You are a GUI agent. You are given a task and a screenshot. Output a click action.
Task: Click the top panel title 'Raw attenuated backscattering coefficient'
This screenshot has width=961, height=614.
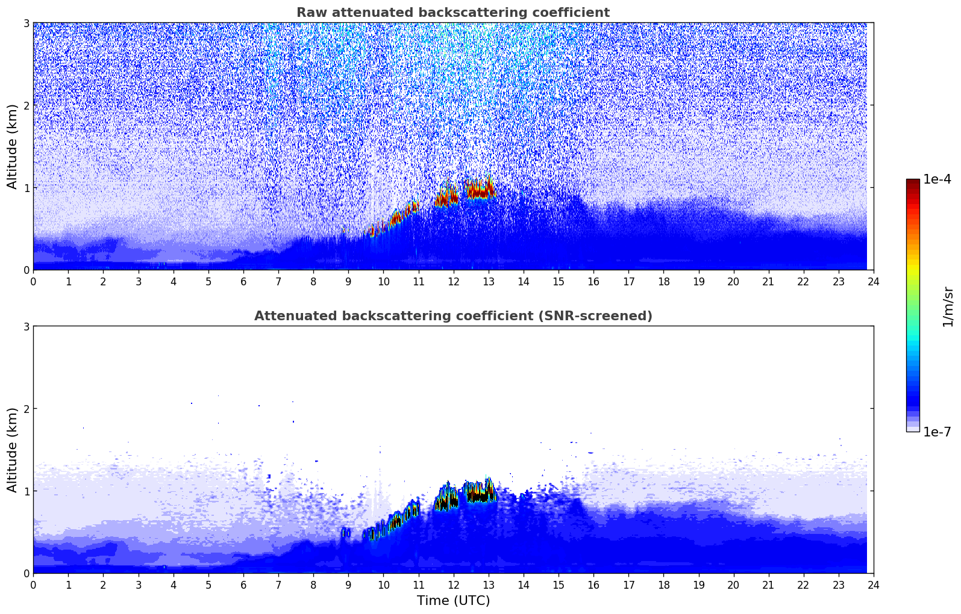click(453, 13)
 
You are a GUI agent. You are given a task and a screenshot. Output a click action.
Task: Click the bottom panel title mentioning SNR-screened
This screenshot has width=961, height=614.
click(453, 316)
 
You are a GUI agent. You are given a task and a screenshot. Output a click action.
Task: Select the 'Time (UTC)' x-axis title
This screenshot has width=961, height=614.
click(453, 600)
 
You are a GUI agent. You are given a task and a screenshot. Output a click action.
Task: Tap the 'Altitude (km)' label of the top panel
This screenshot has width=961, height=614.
click(12, 146)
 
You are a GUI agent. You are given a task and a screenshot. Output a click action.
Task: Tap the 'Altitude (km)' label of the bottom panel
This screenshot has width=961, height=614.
click(12, 450)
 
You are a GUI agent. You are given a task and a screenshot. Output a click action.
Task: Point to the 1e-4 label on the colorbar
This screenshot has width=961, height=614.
click(937, 179)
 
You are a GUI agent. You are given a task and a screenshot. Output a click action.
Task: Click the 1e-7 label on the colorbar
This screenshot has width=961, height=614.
click(937, 432)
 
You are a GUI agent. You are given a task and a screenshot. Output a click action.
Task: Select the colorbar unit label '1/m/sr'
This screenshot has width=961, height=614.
click(948, 306)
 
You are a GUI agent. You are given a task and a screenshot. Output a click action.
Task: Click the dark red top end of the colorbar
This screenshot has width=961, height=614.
click(913, 182)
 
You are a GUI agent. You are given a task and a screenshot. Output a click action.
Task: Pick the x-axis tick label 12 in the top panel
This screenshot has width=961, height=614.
click(453, 281)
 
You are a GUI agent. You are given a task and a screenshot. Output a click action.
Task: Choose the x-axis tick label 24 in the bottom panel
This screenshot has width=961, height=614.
click(874, 585)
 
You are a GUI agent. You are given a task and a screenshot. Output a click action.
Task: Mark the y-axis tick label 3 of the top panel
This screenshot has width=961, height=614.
click(26, 23)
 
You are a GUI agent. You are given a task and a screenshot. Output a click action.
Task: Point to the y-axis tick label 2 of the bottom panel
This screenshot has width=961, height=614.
click(26, 409)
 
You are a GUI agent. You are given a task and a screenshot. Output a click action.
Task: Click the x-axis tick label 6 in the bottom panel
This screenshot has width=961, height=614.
click(243, 585)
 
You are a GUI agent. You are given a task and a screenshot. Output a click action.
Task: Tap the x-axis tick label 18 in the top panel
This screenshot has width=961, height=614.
click(663, 281)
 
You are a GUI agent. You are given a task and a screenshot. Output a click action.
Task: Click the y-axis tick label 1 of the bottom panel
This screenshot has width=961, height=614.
click(26, 491)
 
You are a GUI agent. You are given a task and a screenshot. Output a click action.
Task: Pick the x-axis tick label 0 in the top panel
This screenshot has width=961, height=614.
click(33, 281)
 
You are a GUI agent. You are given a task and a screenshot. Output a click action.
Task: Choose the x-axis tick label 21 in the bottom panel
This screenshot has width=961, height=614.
click(768, 585)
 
